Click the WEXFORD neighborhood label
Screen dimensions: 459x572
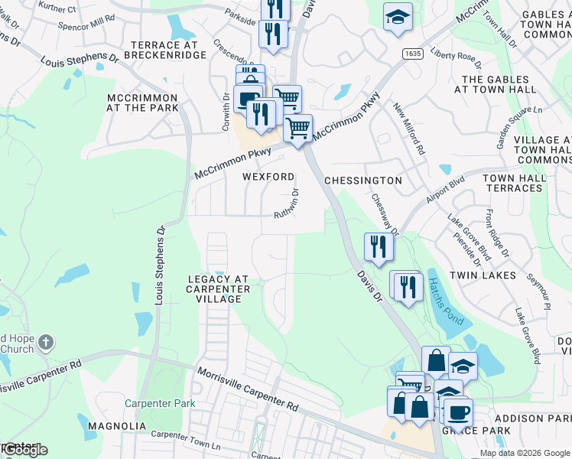tap(268, 177)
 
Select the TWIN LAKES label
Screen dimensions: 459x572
tap(479, 275)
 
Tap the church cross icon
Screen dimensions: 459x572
tap(46, 342)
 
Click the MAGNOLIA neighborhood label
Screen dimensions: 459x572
tap(116, 425)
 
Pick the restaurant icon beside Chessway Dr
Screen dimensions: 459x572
tap(379, 246)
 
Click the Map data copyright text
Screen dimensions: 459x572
tap(525, 453)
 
